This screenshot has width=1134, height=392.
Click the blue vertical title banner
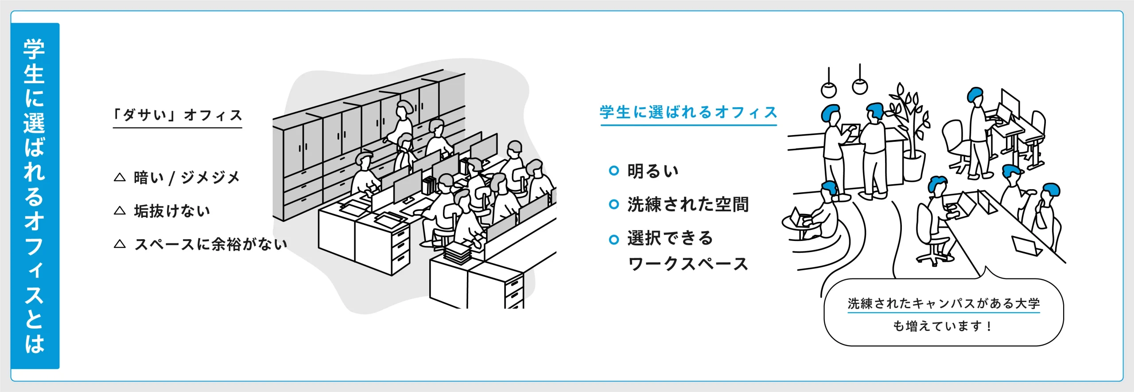coord(35,196)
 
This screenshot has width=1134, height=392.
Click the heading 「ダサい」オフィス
coord(178,115)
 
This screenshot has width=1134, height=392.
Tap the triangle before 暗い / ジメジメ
coord(120,177)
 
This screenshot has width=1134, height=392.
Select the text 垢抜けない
coord(172,211)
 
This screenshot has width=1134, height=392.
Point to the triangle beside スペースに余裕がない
coord(120,244)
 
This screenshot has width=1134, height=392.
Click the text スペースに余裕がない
coord(211,244)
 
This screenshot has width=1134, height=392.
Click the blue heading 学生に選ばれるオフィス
coord(688,113)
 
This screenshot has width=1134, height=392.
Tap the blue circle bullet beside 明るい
coord(614,171)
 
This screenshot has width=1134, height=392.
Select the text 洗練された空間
coord(688,205)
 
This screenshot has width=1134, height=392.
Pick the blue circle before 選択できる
coord(614,240)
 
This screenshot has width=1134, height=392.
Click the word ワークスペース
coord(688,264)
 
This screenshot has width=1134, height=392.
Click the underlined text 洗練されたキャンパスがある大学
coord(944,303)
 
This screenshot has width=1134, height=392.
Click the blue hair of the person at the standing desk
coord(974,94)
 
